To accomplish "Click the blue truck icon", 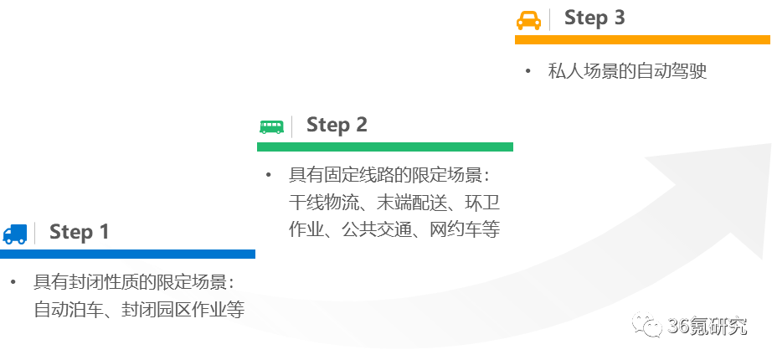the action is pos(14,234).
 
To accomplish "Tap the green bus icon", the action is pos(271,126).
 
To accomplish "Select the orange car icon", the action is pos(528,19).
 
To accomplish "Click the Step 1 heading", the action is pos(79,232).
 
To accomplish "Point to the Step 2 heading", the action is pos(337,125).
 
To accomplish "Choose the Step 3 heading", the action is pos(594,18).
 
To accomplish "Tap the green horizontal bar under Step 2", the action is pos(384,147).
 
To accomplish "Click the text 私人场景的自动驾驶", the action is pos(627,71).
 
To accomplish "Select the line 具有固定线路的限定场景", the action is pos(389,176).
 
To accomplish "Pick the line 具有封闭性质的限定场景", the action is pos(133,282).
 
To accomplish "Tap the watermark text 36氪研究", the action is pos(706,326).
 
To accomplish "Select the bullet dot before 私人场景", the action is pos(528,71).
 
